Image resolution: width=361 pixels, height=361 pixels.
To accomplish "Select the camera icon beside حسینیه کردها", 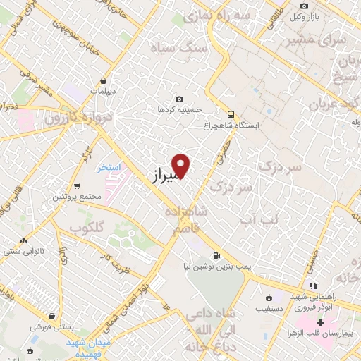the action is click(x=180, y=99).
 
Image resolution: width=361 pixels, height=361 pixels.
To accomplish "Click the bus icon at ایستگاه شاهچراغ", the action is click(x=231, y=114).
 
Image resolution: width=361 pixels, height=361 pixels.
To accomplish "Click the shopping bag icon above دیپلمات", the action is click(x=104, y=80).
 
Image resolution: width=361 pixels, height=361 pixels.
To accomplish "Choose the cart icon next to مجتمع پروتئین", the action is click(x=76, y=186).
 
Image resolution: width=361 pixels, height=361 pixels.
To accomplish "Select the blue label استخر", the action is click(x=110, y=168).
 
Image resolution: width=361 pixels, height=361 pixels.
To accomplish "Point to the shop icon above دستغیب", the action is click(x=268, y=298).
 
